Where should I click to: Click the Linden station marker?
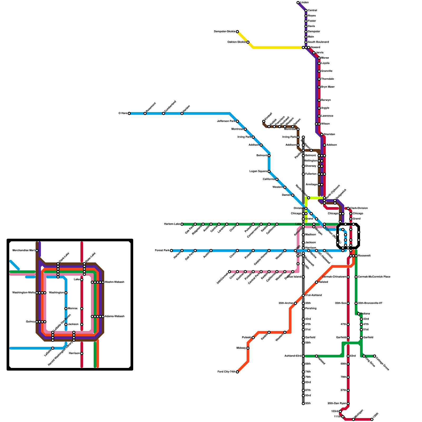pos(298,3)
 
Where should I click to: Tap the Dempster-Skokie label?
pos(224,32)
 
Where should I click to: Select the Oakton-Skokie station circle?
pos(248,42)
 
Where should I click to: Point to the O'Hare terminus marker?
pos(129,113)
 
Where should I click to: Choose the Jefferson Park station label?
pos(226,121)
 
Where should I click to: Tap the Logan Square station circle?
pos(269,171)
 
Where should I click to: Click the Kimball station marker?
pos(264,121)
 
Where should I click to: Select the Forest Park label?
pos(162,251)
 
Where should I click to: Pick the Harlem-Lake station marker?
pos(182,224)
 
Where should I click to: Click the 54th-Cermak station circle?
pos(229,272)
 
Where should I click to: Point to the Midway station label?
pos(241,348)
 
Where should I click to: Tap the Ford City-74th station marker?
pos(237,372)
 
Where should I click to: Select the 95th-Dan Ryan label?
pos(337,404)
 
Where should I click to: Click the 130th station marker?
pos(372,419)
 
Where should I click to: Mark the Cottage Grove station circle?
pos(375,356)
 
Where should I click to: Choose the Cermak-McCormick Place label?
pos(374,277)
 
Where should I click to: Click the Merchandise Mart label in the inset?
pos(24,251)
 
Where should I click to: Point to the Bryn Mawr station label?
pos(328,87)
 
